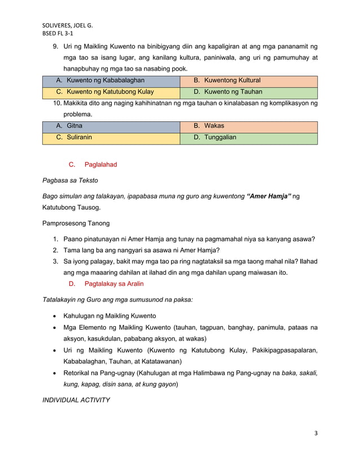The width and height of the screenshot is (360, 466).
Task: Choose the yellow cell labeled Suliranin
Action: pos(79,137)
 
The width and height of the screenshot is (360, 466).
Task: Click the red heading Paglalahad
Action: pos(100,165)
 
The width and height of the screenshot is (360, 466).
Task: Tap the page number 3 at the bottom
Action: pos(316,433)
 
